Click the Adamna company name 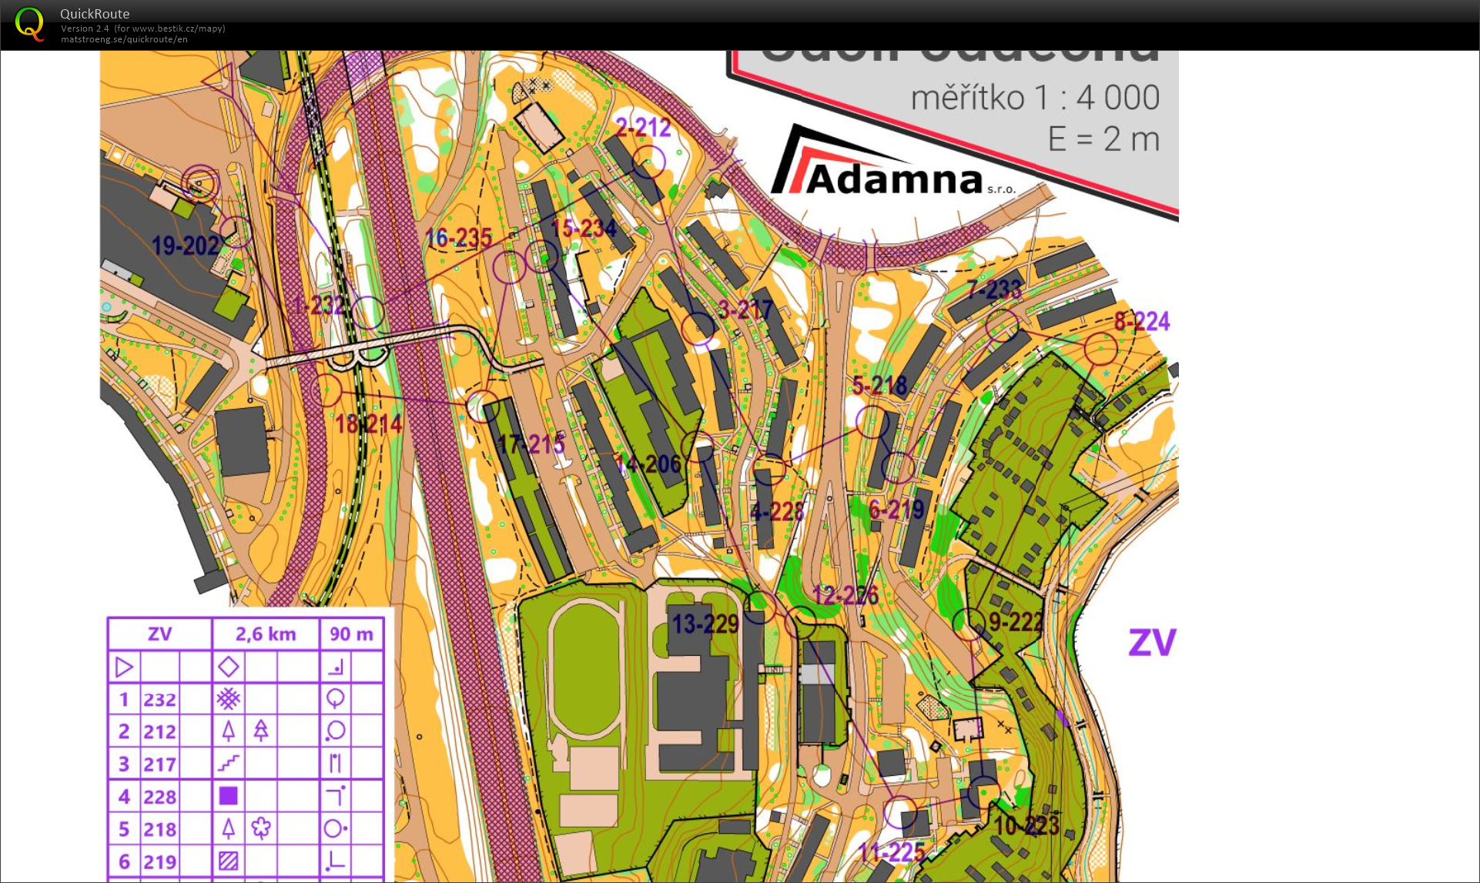(x=894, y=179)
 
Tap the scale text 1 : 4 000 (x=1035, y=98)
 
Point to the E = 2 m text (x=1103, y=139)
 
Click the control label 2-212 (x=643, y=128)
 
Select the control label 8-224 (x=1141, y=321)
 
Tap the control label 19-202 (x=185, y=246)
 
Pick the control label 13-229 (x=705, y=624)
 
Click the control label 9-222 (x=1016, y=622)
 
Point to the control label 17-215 (x=531, y=444)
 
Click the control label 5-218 (x=879, y=385)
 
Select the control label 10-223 (x=1026, y=826)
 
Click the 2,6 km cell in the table (x=266, y=634)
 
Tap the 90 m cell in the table (x=351, y=634)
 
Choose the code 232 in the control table (x=159, y=700)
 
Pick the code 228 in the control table (x=159, y=797)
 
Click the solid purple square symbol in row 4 (x=228, y=796)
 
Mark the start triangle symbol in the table (x=124, y=667)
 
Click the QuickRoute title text (x=95, y=14)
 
